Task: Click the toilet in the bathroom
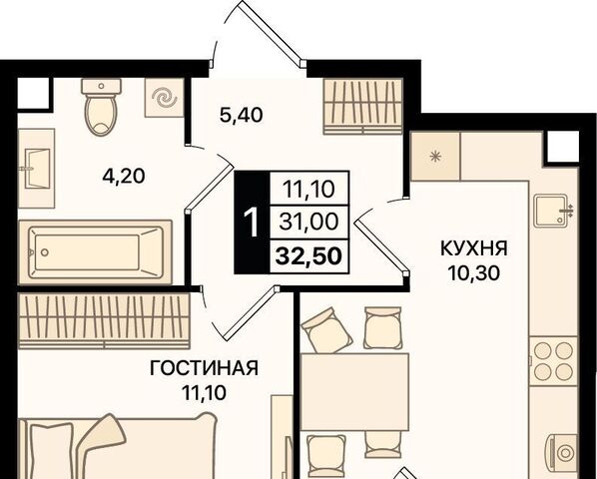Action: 101,107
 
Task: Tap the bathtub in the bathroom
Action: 95,251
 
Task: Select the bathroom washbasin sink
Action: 37,169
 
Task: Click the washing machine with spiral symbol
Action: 165,98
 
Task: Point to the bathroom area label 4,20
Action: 124,177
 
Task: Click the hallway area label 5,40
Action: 242,116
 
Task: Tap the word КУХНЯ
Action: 474,248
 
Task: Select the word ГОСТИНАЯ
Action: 204,368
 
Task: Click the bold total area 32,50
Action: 308,256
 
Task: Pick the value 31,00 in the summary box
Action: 308,222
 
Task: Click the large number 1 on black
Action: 252,223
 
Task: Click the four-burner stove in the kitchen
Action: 554,361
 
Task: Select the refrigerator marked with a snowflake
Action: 435,156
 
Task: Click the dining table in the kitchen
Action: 354,392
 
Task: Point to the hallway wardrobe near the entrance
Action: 363,107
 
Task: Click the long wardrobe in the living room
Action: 104,320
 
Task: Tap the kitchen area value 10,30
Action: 473,272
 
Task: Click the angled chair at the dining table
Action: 325,329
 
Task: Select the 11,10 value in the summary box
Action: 308,189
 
